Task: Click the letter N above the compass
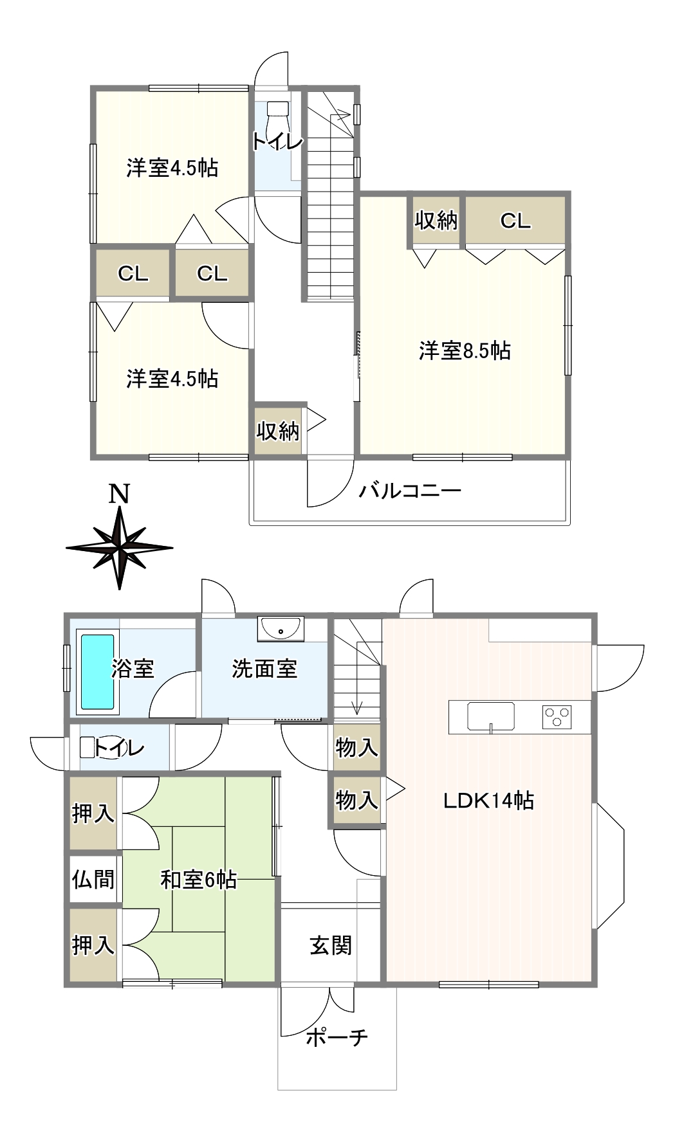pos(119,494)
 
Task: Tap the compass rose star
pos(120,548)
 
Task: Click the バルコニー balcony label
pos(410,491)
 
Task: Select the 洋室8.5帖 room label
pos(465,350)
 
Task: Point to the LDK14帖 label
pos(488,801)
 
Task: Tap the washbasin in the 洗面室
pos(281,628)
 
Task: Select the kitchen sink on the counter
pos(491,716)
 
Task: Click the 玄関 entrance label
pos(331,945)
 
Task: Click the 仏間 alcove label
pos(93,878)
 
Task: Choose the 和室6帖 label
pos(198,879)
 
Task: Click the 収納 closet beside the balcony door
pos(278,431)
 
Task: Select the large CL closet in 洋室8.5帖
pos(515,221)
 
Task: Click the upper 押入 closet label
pos(93,813)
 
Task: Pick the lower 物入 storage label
pos(356,801)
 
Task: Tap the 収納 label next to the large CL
pos(436,221)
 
